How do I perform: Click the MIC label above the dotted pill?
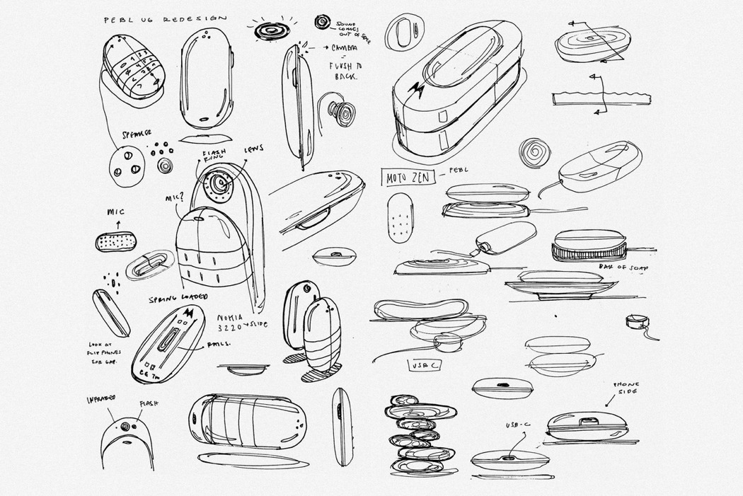tap(116, 211)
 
